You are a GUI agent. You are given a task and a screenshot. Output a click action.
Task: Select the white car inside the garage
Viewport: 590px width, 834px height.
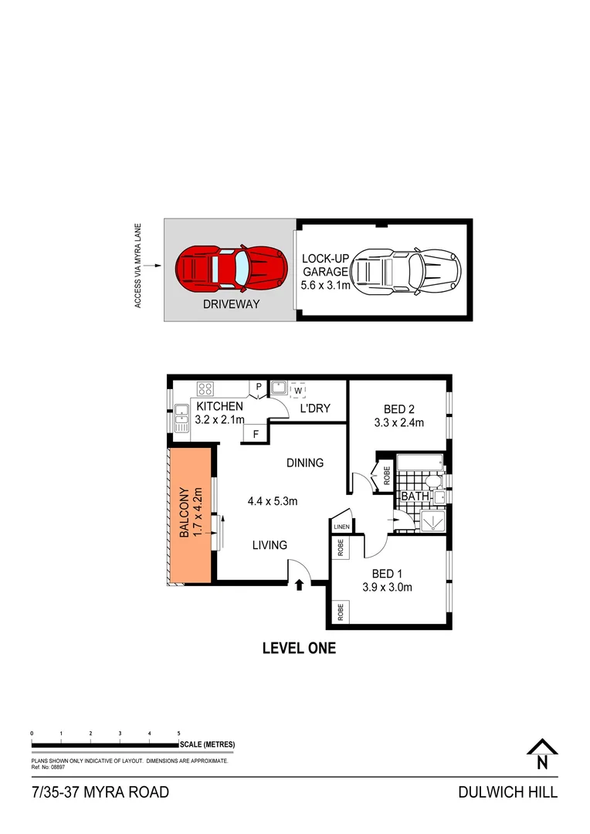[x=405, y=272]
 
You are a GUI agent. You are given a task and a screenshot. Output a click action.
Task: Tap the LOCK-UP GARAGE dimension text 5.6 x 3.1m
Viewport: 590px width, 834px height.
[x=326, y=285]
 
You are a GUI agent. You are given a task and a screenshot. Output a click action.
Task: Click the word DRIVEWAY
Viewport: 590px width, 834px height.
[x=231, y=304]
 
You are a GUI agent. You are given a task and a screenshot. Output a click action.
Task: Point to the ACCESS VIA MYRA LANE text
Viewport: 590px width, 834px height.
[x=138, y=266]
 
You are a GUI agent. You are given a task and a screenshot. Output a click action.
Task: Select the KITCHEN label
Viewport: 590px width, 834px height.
[x=220, y=407]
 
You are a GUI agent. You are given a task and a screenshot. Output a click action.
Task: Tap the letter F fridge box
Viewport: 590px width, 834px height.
[x=254, y=435]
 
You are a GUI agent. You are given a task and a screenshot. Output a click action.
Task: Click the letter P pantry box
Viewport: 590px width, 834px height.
[x=258, y=387]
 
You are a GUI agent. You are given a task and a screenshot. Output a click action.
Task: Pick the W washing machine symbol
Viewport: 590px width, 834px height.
[x=297, y=388]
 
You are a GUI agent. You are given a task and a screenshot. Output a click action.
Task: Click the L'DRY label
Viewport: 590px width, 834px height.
[x=315, y=408]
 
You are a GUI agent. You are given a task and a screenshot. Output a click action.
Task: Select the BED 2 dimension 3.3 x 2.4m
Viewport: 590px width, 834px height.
[x=398, y=422]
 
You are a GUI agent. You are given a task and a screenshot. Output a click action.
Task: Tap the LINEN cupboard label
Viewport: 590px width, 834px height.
[x=341, y=527]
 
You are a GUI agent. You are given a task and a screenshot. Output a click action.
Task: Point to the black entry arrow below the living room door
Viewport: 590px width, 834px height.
[x=300, y=585]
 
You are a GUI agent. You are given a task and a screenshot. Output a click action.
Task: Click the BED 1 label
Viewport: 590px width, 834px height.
[x=387, y=573]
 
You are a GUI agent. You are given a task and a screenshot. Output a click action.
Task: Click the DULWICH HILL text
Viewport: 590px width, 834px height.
[x=507, y=792]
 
